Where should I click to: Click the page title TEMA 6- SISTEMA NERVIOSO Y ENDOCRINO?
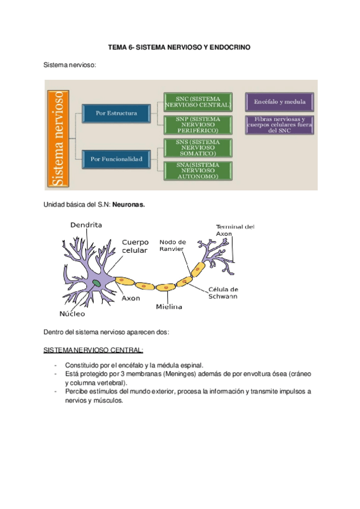179,46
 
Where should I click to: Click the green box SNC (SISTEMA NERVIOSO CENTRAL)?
197,102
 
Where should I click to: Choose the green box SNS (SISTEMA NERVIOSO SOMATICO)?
197,148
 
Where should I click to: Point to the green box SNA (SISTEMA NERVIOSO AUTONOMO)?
197,170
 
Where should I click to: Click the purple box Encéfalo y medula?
280,101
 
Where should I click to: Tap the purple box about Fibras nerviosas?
280,125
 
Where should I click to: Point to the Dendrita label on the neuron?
86,225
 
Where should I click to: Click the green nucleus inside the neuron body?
97,282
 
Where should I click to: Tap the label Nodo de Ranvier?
172,245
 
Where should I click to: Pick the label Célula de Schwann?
223,292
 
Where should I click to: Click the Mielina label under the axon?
169,307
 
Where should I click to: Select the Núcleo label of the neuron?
72,313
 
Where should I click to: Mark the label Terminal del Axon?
235,230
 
